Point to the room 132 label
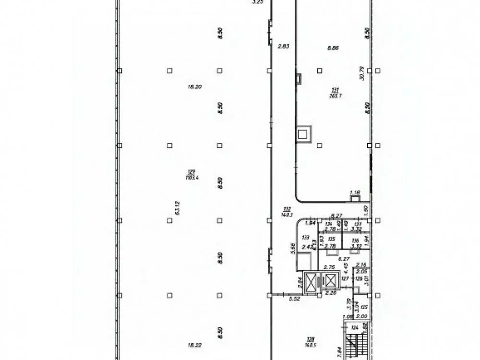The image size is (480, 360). coord(288,208)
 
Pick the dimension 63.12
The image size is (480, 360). coord(178,209)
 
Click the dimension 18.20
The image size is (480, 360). coord(194,87)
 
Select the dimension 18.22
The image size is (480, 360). coord(194,344)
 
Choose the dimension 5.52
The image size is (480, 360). coord(294,299)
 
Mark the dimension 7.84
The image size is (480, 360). coord(340,352)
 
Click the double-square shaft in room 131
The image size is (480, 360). coord(304,134)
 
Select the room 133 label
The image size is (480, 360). coord(305,237)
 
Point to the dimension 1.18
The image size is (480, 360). coord(355,193)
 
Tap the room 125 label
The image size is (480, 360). coord(364,307)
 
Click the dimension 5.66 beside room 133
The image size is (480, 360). coord(292,249)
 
